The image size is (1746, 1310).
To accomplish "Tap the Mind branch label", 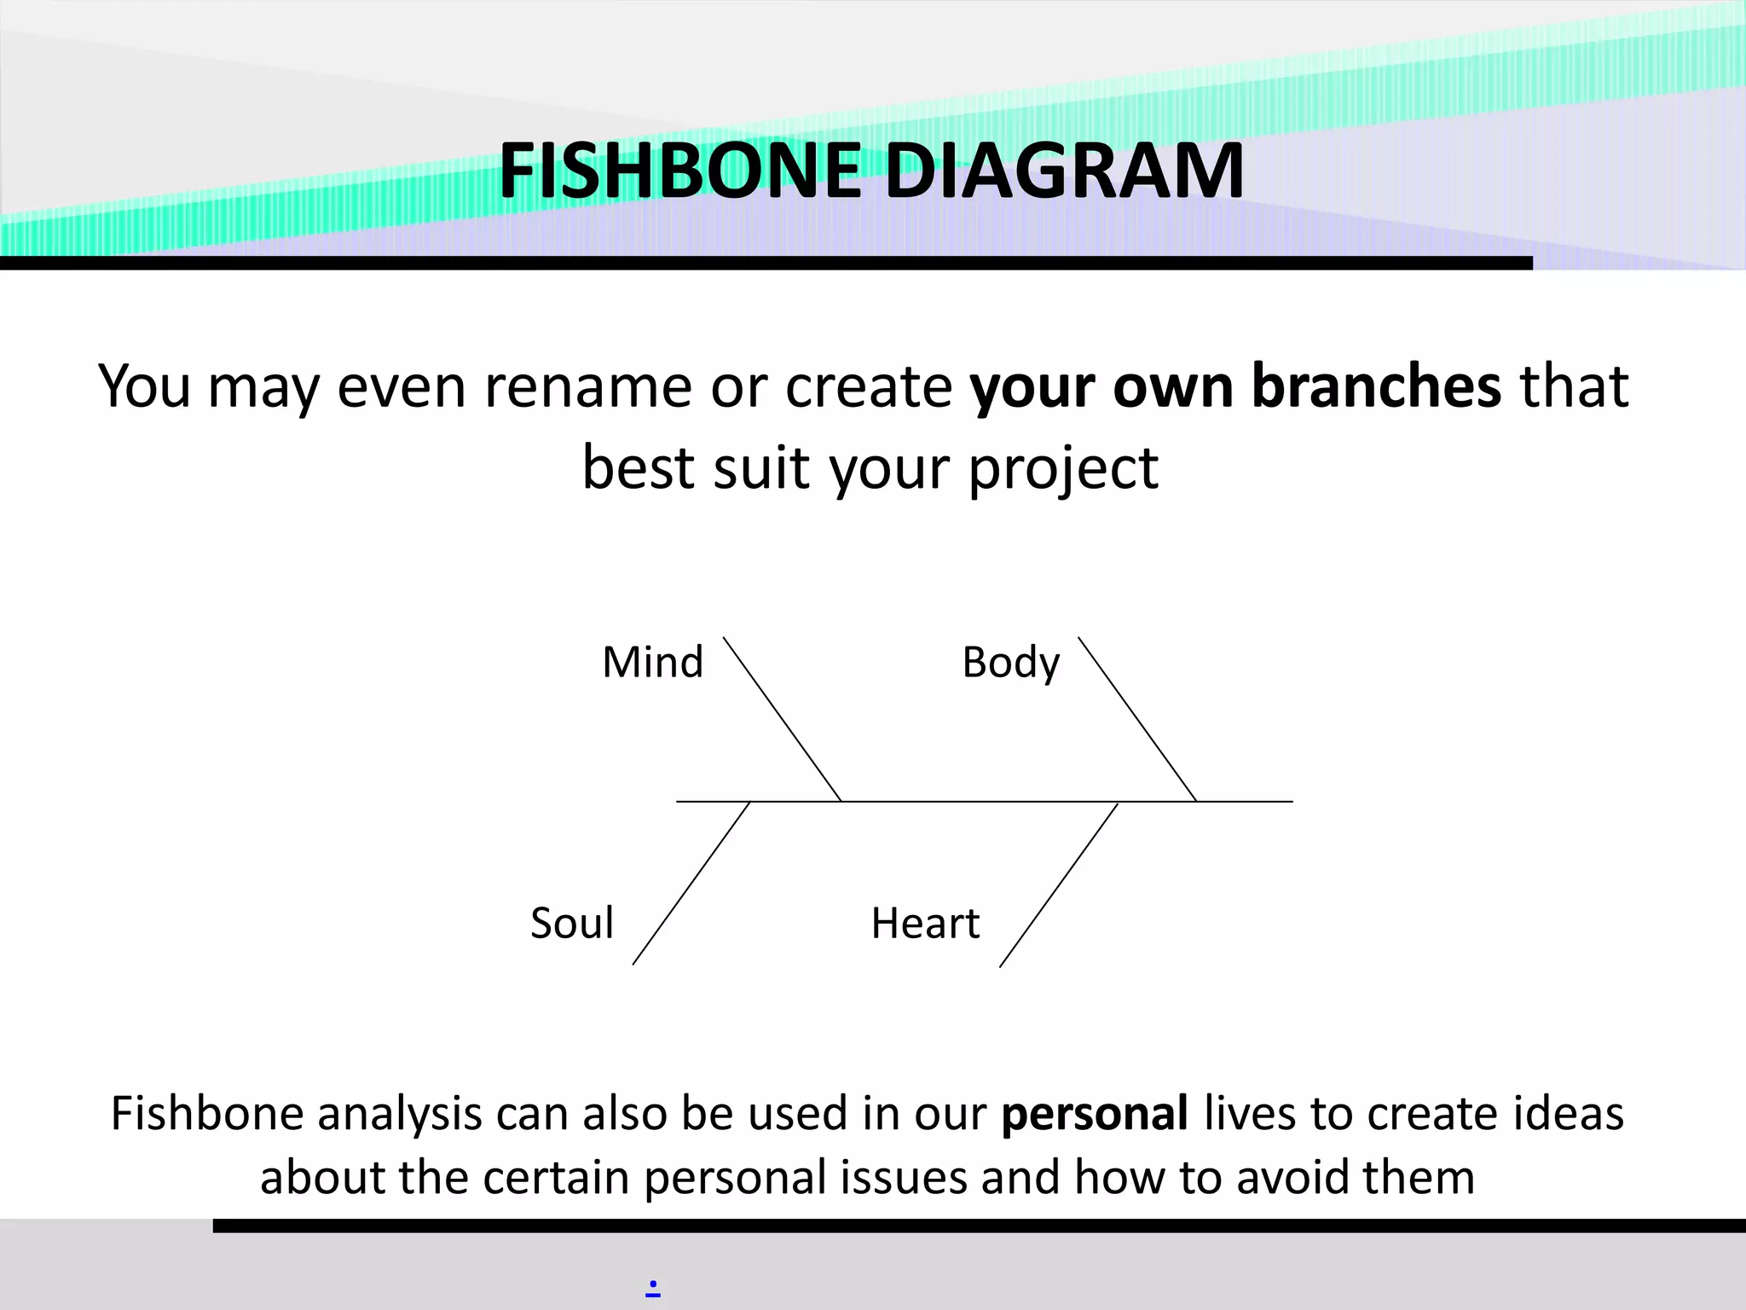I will pyautogui.click(x=652, y=662).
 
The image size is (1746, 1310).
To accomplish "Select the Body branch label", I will pyautogui.click(x=1010, y=663).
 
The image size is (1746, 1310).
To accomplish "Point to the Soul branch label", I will pyautogui.click(x=571, y=923).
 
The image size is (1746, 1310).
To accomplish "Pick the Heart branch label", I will pyautogui.click(x=925, y=923).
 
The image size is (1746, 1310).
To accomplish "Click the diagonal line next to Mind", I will pyautogui.click(x=782, y=719).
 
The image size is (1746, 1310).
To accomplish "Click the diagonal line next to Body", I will pyautogui.click(x=1137, y=719).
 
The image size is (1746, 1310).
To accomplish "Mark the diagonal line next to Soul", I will pyautogui.click(x=691, y=884).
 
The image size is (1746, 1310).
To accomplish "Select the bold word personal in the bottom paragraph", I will pyautogui.click(x=1095, y=1114).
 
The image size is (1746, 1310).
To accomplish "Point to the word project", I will pyautogui.click(x=1063, y=469).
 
